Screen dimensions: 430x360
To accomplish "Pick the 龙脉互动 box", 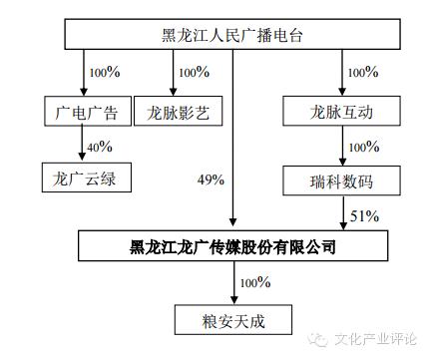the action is pos(342,112).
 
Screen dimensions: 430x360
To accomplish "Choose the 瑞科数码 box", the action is pos(342,180).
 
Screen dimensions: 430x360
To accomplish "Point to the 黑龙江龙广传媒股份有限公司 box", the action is pos(231,245).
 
